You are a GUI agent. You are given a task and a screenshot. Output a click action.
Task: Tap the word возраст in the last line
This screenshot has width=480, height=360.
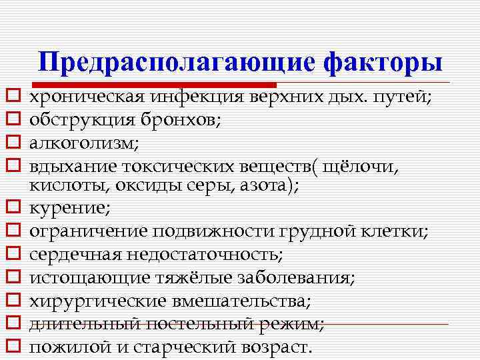coord(272,347)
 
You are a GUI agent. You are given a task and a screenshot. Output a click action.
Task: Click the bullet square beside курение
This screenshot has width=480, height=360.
coord(11,209)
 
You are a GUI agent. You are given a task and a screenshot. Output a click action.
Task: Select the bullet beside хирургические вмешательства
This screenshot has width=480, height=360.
coord(11,301)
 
